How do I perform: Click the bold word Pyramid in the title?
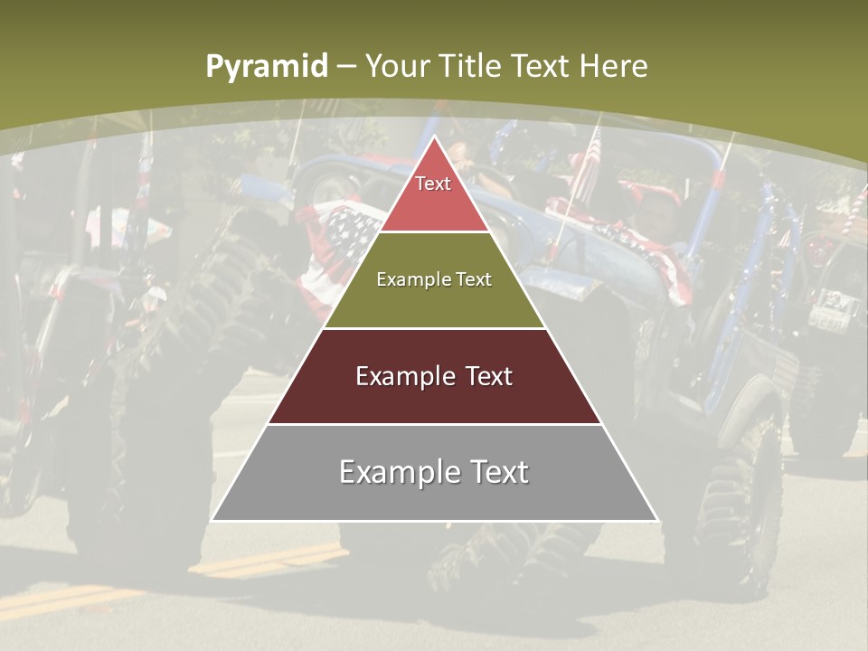(x=266, y=67)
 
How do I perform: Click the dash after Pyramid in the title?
(x=346, y=67)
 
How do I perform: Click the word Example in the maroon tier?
(x=403, y=376)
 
